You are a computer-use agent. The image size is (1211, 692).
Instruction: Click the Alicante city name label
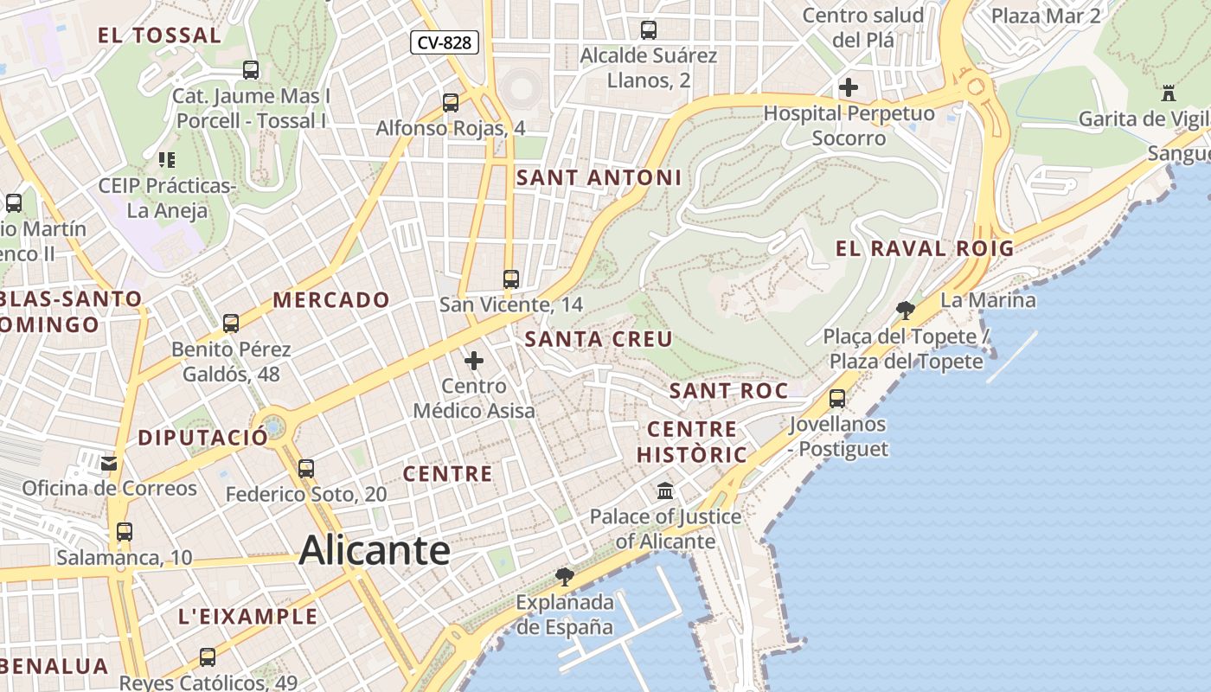pos(375,551)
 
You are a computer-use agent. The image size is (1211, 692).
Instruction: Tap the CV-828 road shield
pos(445,42)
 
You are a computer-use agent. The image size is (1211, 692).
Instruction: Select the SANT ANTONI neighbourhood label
pos(599,178)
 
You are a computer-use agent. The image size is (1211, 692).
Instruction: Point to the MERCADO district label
pos(332,300)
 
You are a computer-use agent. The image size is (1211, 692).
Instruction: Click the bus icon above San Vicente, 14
pos(511,279)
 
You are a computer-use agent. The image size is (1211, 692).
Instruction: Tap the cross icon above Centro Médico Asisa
pos(474,361)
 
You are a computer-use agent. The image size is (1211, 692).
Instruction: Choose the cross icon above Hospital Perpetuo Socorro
pos(849,87)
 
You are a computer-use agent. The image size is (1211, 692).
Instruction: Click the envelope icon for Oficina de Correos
pos(109,464)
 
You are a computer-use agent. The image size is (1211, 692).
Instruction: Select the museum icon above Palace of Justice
pos(665,491)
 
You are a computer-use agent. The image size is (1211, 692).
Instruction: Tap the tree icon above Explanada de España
pos(565,576)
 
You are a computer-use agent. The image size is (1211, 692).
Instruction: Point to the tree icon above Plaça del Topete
pos(906,310)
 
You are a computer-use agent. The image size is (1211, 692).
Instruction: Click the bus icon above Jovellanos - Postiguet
pos(837,399)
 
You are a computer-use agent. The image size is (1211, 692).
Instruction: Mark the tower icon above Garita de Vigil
pos(1169,93)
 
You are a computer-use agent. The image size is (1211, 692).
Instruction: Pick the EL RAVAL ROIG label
pos(924,249)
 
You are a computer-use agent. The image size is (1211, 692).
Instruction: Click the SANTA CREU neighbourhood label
pos(599,339)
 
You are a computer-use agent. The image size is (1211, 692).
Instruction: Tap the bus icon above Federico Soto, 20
pos(306,469)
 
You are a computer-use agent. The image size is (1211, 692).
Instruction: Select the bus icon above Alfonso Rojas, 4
pos(451,103)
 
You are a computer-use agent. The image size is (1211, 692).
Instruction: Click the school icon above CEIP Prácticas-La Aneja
pos(167,160)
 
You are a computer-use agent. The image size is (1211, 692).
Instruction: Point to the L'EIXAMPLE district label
pos(248,617)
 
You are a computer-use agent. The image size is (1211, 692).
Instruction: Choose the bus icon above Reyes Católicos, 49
pos(208,657)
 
